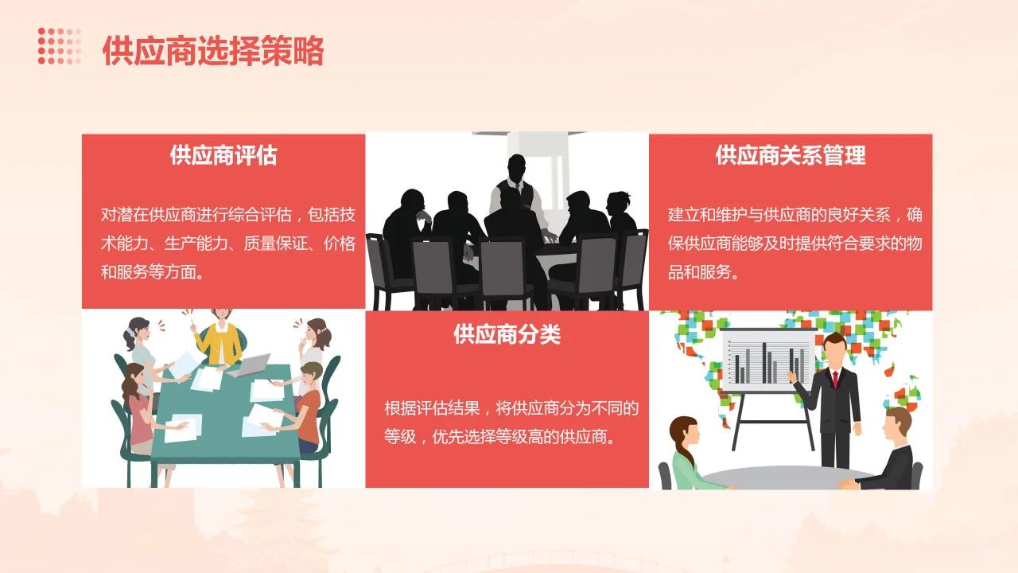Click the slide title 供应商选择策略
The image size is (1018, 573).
pos(213,51)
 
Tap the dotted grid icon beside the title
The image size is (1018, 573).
pos(60,45)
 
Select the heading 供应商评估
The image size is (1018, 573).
pos(223,154)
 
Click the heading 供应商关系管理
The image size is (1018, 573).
pos(791,154)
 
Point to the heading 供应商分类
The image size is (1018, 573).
pos(507,334)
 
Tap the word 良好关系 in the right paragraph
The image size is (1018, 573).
pos(858,215)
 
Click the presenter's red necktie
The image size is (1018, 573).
pos(835,378)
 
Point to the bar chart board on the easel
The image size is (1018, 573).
pos(767,360)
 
